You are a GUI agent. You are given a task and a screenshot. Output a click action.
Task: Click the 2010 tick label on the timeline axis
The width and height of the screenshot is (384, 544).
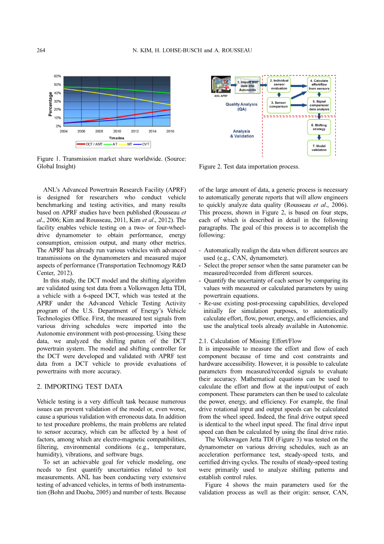pyautogui.click(x=117, y=131)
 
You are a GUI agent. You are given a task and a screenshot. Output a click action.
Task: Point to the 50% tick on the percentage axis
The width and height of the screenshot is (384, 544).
pyautogui.click(x=57, y=85)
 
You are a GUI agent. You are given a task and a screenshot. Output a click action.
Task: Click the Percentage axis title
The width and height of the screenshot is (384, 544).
pyautogui.click(x=51, y=104)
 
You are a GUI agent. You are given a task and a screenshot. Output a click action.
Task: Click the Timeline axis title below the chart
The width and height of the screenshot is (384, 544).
pyautogui.click(x=117, y=138)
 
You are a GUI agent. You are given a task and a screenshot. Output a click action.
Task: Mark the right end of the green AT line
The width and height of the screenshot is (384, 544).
pyautogui.click(x=170, y=93)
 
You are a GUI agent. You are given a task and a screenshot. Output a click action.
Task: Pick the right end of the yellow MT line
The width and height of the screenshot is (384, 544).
pyautogui.click(x=170, y=104)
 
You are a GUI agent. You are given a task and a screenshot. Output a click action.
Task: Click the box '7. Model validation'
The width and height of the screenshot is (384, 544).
pyautogui.click(x=319, y=148)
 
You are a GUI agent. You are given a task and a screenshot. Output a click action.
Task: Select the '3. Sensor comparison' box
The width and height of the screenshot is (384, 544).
pyautogui.click(x=279, y=105)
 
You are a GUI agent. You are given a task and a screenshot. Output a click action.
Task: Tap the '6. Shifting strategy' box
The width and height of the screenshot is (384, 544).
pyautogui.click(x=319, y=127)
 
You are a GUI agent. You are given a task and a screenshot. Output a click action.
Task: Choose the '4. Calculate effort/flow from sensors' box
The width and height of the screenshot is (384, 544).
pyautogui.click(x=319, y=85)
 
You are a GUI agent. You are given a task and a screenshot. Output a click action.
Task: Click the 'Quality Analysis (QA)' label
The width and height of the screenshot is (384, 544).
pyautogui.click(x=242, y=107)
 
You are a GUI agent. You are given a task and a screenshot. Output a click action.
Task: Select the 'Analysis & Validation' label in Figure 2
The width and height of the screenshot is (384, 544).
pyautogui.click(x=242, y=133)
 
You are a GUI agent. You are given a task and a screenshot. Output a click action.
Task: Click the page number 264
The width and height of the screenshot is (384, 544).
pyautogui.click(x=41, y=50)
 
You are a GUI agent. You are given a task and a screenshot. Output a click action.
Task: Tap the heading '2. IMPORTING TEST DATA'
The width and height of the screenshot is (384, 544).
pyautogui.click(x=80, y=386)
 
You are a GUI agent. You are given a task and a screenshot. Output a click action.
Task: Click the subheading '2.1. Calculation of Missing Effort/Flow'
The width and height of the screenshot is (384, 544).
pyautogui.click(x=250, y=341)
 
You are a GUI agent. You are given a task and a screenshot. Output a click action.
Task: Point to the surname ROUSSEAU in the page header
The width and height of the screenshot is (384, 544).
pyautogui.click(x=237, y=50)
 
